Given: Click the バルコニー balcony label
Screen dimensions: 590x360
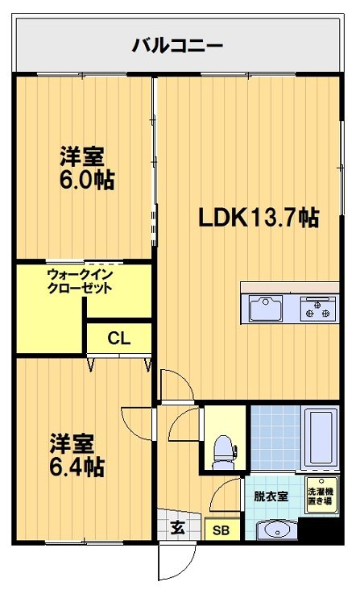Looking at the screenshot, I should [x=177, y=45].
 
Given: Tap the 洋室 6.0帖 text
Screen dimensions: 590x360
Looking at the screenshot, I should [x=85, y=167].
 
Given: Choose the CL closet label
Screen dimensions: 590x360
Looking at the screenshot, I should [x=118, y=337].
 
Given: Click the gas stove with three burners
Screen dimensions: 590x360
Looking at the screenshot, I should [x=318, y=309].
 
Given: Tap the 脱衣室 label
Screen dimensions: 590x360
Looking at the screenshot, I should [x=271, y=496].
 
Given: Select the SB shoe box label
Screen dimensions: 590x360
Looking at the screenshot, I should [x=219, y=530].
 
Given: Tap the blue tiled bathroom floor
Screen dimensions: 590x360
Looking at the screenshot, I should [x=274, y=439].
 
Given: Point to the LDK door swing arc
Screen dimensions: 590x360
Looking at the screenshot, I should [x=172, y=384].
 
